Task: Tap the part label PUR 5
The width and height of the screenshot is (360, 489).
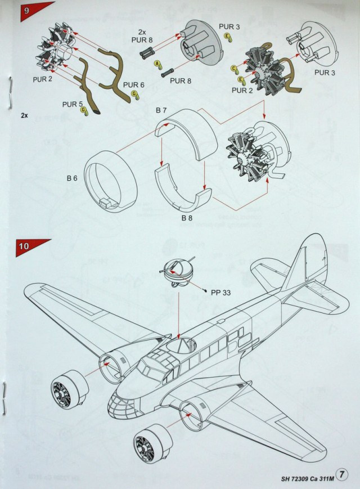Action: (73, 104)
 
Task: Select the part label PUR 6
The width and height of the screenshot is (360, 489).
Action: (134, 85)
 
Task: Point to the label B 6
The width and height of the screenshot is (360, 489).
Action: (71, 178)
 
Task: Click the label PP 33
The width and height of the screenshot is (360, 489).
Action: (221, 292)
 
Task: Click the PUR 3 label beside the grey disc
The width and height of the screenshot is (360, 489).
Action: (230, 27)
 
